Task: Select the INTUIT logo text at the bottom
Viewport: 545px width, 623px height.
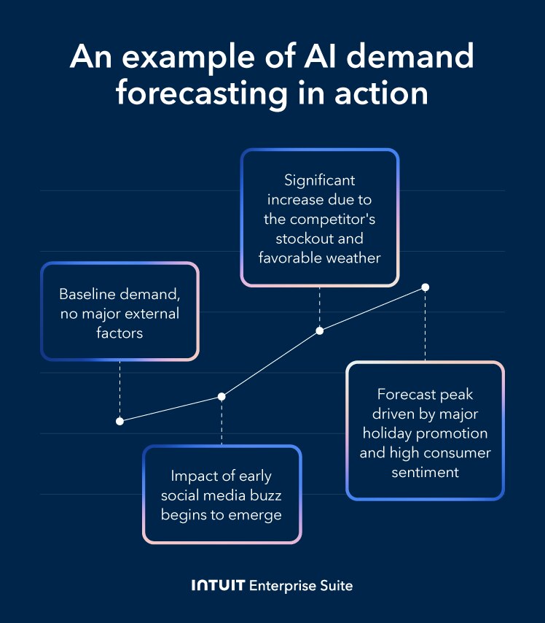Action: click(218, 586)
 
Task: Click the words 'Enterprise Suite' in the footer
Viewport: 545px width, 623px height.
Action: click(301, 586)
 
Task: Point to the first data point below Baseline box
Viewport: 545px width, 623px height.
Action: click(119, 421)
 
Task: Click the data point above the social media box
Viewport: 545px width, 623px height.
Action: click(221, 396)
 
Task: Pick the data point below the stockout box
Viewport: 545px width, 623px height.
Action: click(319, 331)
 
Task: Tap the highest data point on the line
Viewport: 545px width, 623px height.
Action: click(426, 287)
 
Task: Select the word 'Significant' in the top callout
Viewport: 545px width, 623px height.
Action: click(320, 179)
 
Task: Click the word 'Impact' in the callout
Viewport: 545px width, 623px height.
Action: click(193, 476)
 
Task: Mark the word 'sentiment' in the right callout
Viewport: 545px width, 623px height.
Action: click(426, 473)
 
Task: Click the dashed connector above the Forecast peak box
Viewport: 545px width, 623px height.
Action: click(426, 325)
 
